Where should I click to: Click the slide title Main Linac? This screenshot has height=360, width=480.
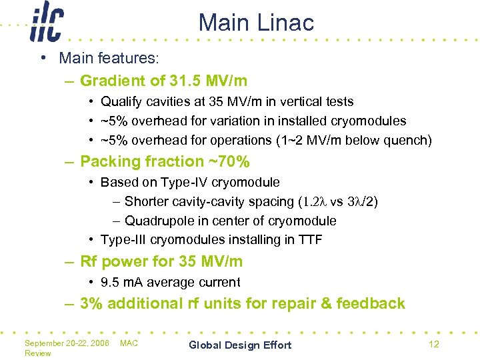(256, 23)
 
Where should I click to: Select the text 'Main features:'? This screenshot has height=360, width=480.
(109, 59)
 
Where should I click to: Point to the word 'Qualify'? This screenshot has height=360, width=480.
(121, 102)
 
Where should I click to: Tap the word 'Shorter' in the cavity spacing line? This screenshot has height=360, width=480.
(147, 201)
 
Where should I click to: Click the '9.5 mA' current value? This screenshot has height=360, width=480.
(123, 283)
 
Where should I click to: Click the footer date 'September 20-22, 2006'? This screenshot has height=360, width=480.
(66, 343)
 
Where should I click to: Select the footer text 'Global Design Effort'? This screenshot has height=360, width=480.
(240, 345)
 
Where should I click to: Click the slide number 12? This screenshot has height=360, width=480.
(433, 344)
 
